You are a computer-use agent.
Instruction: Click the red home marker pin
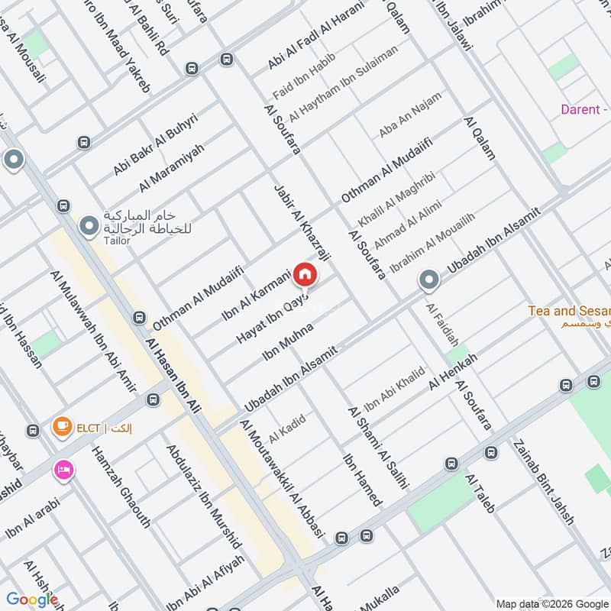(304, 273)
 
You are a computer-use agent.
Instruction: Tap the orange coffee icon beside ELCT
(62, 428)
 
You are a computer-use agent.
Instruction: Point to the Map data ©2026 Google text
(551, 602)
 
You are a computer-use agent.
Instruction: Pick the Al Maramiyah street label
(172, 168)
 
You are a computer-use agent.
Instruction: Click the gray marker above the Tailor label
(89, 225)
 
